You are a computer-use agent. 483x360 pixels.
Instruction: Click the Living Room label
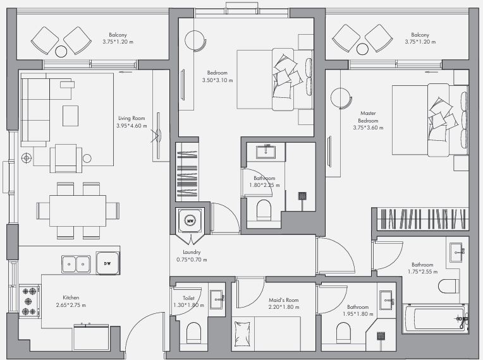(x=131, y=118)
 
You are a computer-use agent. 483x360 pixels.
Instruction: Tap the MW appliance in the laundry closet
(x=190, y=220)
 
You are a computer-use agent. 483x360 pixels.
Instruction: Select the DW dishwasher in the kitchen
(x=107, y=263)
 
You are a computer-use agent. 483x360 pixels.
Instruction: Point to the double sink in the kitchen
(x=76, y=264)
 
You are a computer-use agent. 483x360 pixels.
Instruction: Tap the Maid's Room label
(x=283, y=300)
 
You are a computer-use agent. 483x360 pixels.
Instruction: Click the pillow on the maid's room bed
(x=242, y=335)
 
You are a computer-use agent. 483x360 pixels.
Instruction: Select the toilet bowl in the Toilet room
(x=193, y=333)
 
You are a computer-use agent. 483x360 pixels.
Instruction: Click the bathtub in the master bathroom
(x=435, y=318)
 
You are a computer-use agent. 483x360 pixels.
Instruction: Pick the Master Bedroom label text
(x=368, y=117)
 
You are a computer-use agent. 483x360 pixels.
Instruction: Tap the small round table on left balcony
(x=61, y=51)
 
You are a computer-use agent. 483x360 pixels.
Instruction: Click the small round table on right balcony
(x=362, y=49)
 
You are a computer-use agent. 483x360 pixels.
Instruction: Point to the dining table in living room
(x=78, y=211)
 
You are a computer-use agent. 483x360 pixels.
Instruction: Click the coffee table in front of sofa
(x=71, y=116)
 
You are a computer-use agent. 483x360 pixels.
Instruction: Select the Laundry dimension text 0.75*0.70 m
(x=192, y=260)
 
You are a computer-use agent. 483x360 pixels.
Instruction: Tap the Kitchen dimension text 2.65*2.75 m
(x=71, y=305)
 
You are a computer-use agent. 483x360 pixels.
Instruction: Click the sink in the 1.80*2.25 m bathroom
(x=266, y=151)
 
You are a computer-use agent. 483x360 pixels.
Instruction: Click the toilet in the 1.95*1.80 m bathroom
(x=343, y=333)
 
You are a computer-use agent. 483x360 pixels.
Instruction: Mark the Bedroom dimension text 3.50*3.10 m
(x=217, y=80)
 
